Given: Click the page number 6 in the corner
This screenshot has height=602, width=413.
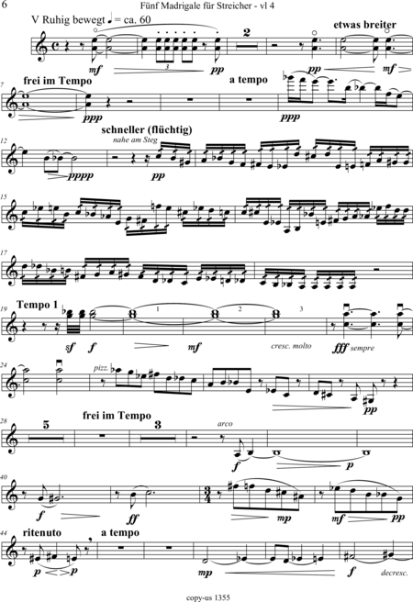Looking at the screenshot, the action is (5, 5).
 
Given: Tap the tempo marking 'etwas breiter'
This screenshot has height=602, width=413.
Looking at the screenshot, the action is (364, 25).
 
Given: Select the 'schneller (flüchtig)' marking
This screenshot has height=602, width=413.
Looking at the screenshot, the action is (147, 129).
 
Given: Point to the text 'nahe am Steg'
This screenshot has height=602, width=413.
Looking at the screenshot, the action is (135, 140).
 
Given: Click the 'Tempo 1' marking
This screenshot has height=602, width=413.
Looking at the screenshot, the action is (38, 306).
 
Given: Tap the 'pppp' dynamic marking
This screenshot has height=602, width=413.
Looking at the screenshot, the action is (82, 176).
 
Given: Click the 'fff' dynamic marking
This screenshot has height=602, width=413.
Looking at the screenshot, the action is (340, 348).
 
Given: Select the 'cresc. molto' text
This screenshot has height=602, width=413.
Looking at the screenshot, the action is (291, 346).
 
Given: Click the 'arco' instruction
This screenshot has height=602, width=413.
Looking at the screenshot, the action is (225, 424).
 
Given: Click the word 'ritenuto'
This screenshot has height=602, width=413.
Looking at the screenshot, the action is (42, 533).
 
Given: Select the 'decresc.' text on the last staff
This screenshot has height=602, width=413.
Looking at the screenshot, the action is (394, 573).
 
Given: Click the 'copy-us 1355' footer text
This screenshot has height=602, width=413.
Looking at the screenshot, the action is (207, 597).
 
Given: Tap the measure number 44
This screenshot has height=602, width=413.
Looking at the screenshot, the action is (6, 528).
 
